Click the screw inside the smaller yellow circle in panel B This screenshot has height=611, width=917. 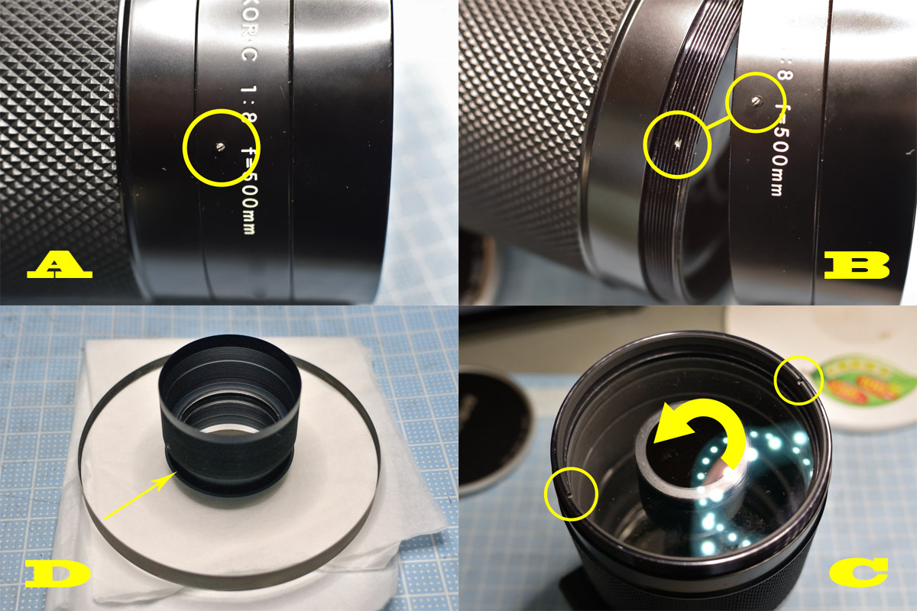tap(754, 99)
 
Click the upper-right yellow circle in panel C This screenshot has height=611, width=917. tap(798, 381)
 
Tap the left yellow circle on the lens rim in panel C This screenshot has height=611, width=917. tap(570, 496)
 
